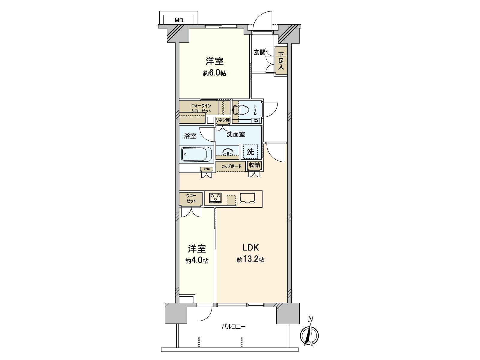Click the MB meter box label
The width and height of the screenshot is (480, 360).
(x=179, y=20)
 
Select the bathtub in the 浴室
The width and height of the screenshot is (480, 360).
(x=197, y=154)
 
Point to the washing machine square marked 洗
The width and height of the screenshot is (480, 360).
(x=250, y=152)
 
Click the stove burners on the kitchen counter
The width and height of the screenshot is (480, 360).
(x=215, y=197)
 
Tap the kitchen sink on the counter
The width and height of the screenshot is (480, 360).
(x=247, y=198)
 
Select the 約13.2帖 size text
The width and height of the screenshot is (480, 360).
(x=250, y=260)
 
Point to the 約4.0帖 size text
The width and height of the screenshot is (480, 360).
(x=197, y=261)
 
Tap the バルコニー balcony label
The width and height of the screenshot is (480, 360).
(x=233, y=327)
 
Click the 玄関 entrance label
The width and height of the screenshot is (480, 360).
(x=259, y=52)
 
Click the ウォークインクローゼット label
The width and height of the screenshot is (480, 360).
(x=201, y=108)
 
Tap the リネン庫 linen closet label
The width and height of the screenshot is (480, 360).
(x=223, y=120)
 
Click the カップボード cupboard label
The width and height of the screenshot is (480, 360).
(x=231, y=166)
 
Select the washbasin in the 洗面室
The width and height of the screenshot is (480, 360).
(x=229, y=152)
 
